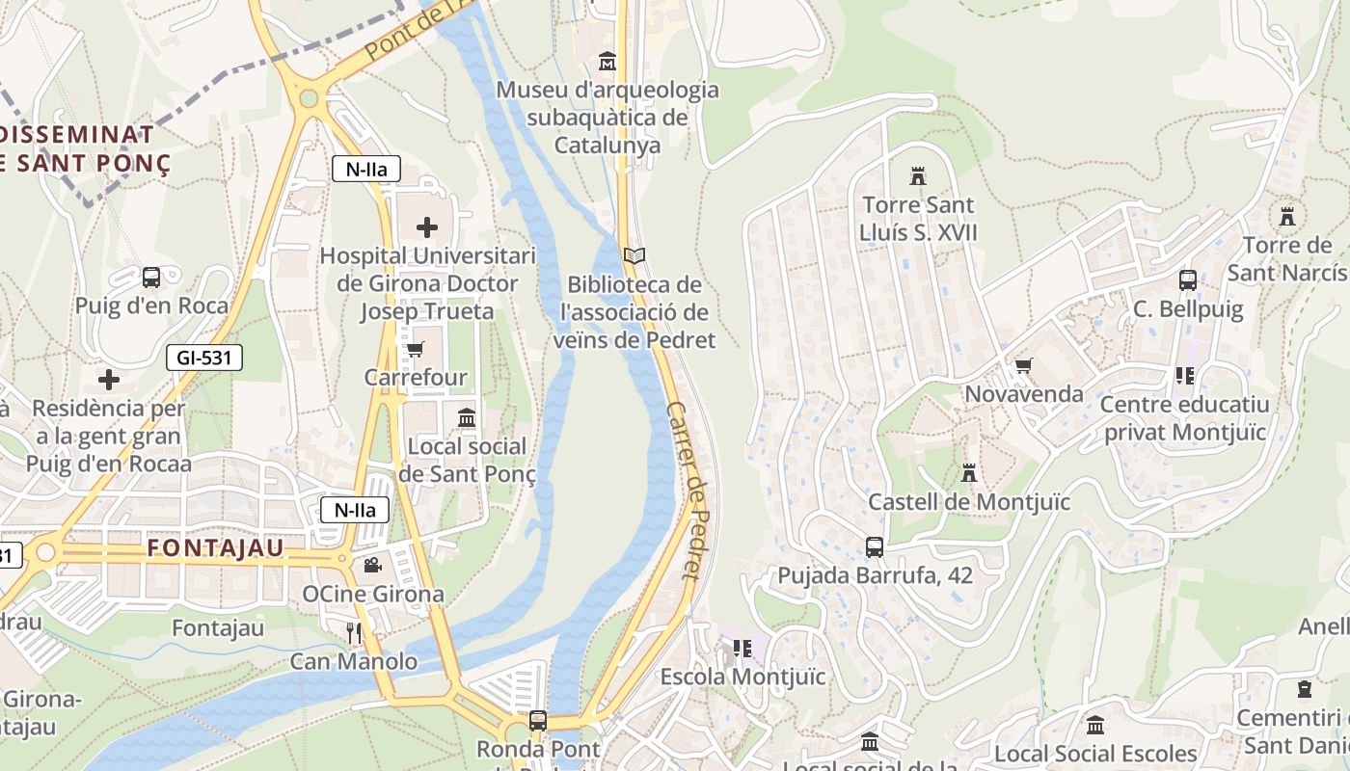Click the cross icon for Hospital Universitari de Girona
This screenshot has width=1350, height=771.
(x=427, y=227)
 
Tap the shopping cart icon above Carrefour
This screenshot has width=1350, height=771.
(x=416, y=349)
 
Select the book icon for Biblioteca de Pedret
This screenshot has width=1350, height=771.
(x=634, y=256)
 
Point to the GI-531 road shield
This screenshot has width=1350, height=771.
(x=203, y=359)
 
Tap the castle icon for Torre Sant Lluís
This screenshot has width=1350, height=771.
(x=918, y=176)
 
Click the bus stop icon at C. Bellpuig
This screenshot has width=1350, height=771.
(x=1188, y=280)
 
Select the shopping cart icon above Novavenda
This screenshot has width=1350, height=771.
(x=1023, y=366)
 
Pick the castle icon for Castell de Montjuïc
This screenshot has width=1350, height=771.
(x=969, y=473)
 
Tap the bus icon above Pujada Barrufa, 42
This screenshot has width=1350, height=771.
(x=875, y=547)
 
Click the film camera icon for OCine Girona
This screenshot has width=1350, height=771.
(x=372, y=565)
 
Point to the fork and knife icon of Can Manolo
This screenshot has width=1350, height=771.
(x=354, y=632)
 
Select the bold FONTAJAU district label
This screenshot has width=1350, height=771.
(x=216, y=548)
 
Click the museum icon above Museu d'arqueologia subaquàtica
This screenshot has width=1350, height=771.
(x=607, y=62)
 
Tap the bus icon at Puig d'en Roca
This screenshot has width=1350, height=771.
(x=151, y=278)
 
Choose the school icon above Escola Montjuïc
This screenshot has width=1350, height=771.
(x=742, y=648)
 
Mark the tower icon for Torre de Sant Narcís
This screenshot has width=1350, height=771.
(x=1286, y=216)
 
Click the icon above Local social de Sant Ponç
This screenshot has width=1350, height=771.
(x=467, y=417)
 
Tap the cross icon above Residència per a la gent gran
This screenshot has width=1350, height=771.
(x=109, y=380)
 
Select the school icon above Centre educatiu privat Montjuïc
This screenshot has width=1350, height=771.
(x=1185, y=375)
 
